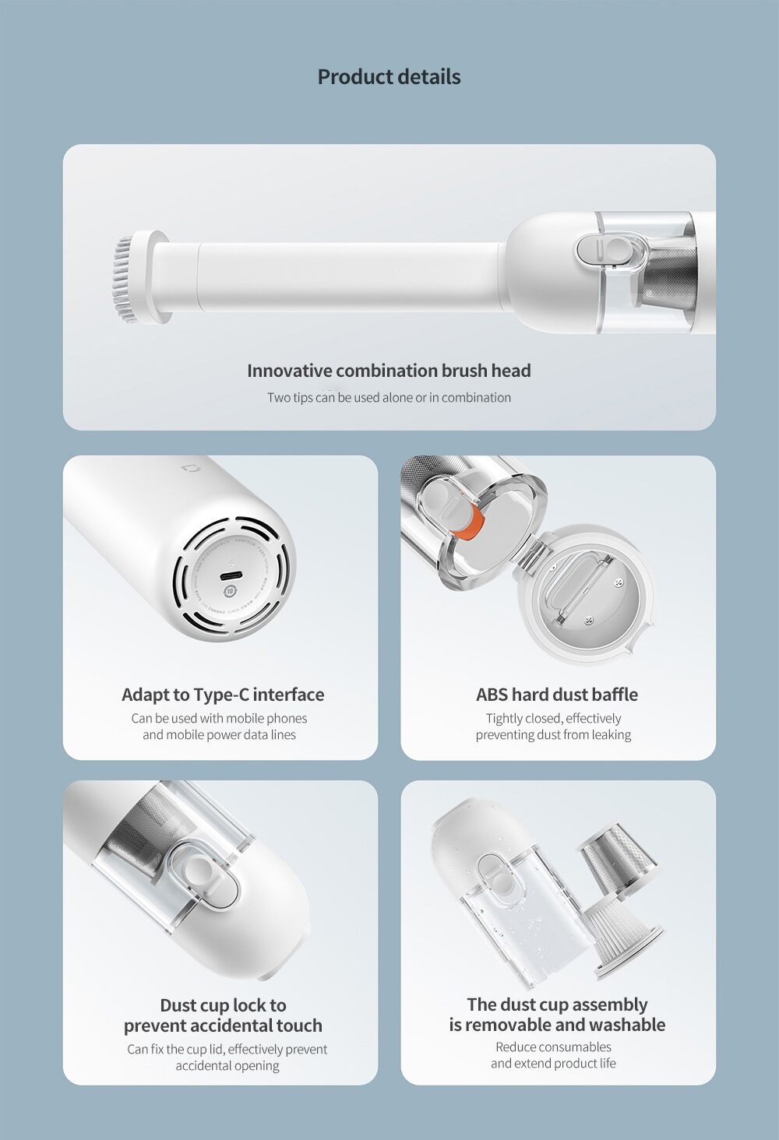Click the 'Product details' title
(389, 77)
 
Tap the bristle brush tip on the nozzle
(125, 279)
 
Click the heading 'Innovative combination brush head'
(389, 371)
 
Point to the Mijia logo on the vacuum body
(188, 468)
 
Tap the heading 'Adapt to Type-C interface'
(223, 695)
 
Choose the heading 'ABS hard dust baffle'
(557, 695)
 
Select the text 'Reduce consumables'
(553, 1047)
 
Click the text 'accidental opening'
(227, 1066)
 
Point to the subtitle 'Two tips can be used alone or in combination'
(389, 397)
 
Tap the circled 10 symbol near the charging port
(230, 591)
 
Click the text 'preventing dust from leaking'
(553, 735)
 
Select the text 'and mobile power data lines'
(219, 735)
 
